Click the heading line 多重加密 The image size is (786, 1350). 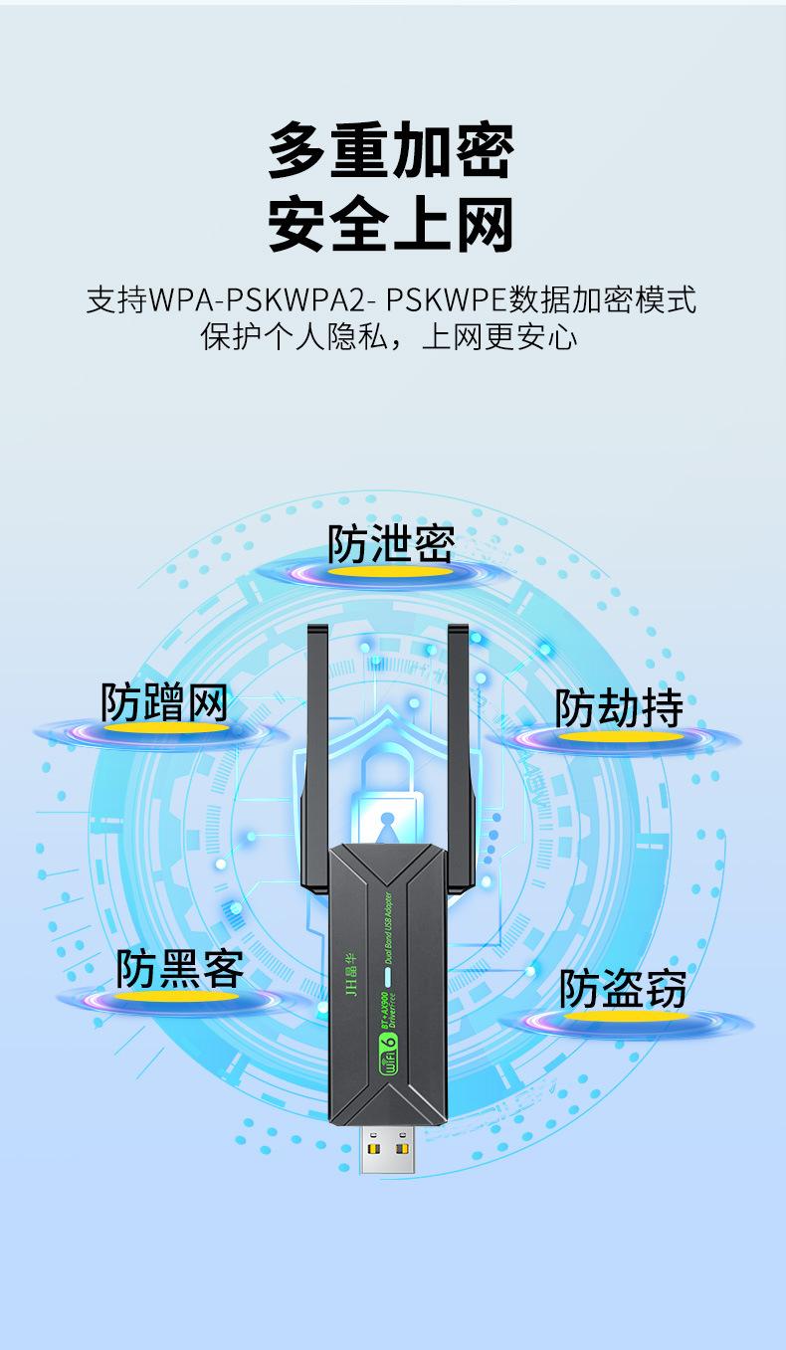(x=392, y=150)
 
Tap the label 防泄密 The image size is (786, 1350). (x=391, y=543)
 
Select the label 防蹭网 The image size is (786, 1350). (x=164, y=701)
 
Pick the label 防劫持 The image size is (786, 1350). (x=619, y=707)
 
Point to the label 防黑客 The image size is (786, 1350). (x=180, y=968)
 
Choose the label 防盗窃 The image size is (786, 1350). (x=622, y=988)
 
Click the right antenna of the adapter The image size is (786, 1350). (x=459, y=756)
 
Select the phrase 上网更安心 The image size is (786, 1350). (x=499, y=337)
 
